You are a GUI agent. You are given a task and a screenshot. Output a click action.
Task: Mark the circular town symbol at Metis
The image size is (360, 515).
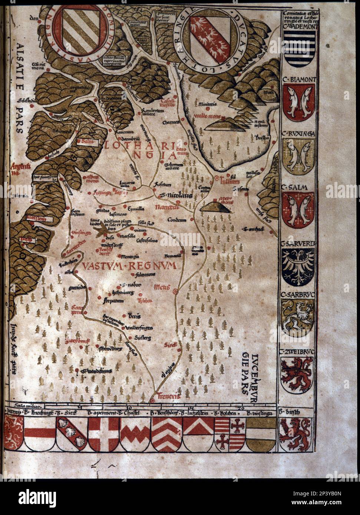point(175,292)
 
